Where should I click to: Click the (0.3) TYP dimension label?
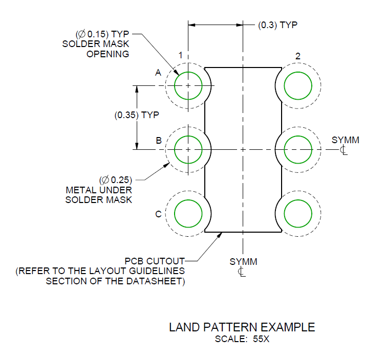click(x=277, y=25)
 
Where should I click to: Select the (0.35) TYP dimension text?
click(x=137, y=115)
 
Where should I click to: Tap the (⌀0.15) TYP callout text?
click(x=102, y=34)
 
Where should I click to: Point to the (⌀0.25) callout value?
click(x=115, y=180)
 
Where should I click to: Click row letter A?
click(x=158, y=73)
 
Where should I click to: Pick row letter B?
click(x=159, y=141)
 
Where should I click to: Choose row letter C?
click(x=158, y=214)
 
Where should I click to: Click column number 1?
click(x=180, y=55)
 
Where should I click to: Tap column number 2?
click(x=298, y=56)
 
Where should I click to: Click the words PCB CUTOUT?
click(x=155, y=261)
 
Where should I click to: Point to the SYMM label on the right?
click(x=345, y=140)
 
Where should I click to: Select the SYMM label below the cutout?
click(x=243, y=262)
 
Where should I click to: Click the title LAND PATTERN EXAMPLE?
click(x=242, y=327)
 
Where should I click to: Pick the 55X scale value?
click(x=261, y=339)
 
